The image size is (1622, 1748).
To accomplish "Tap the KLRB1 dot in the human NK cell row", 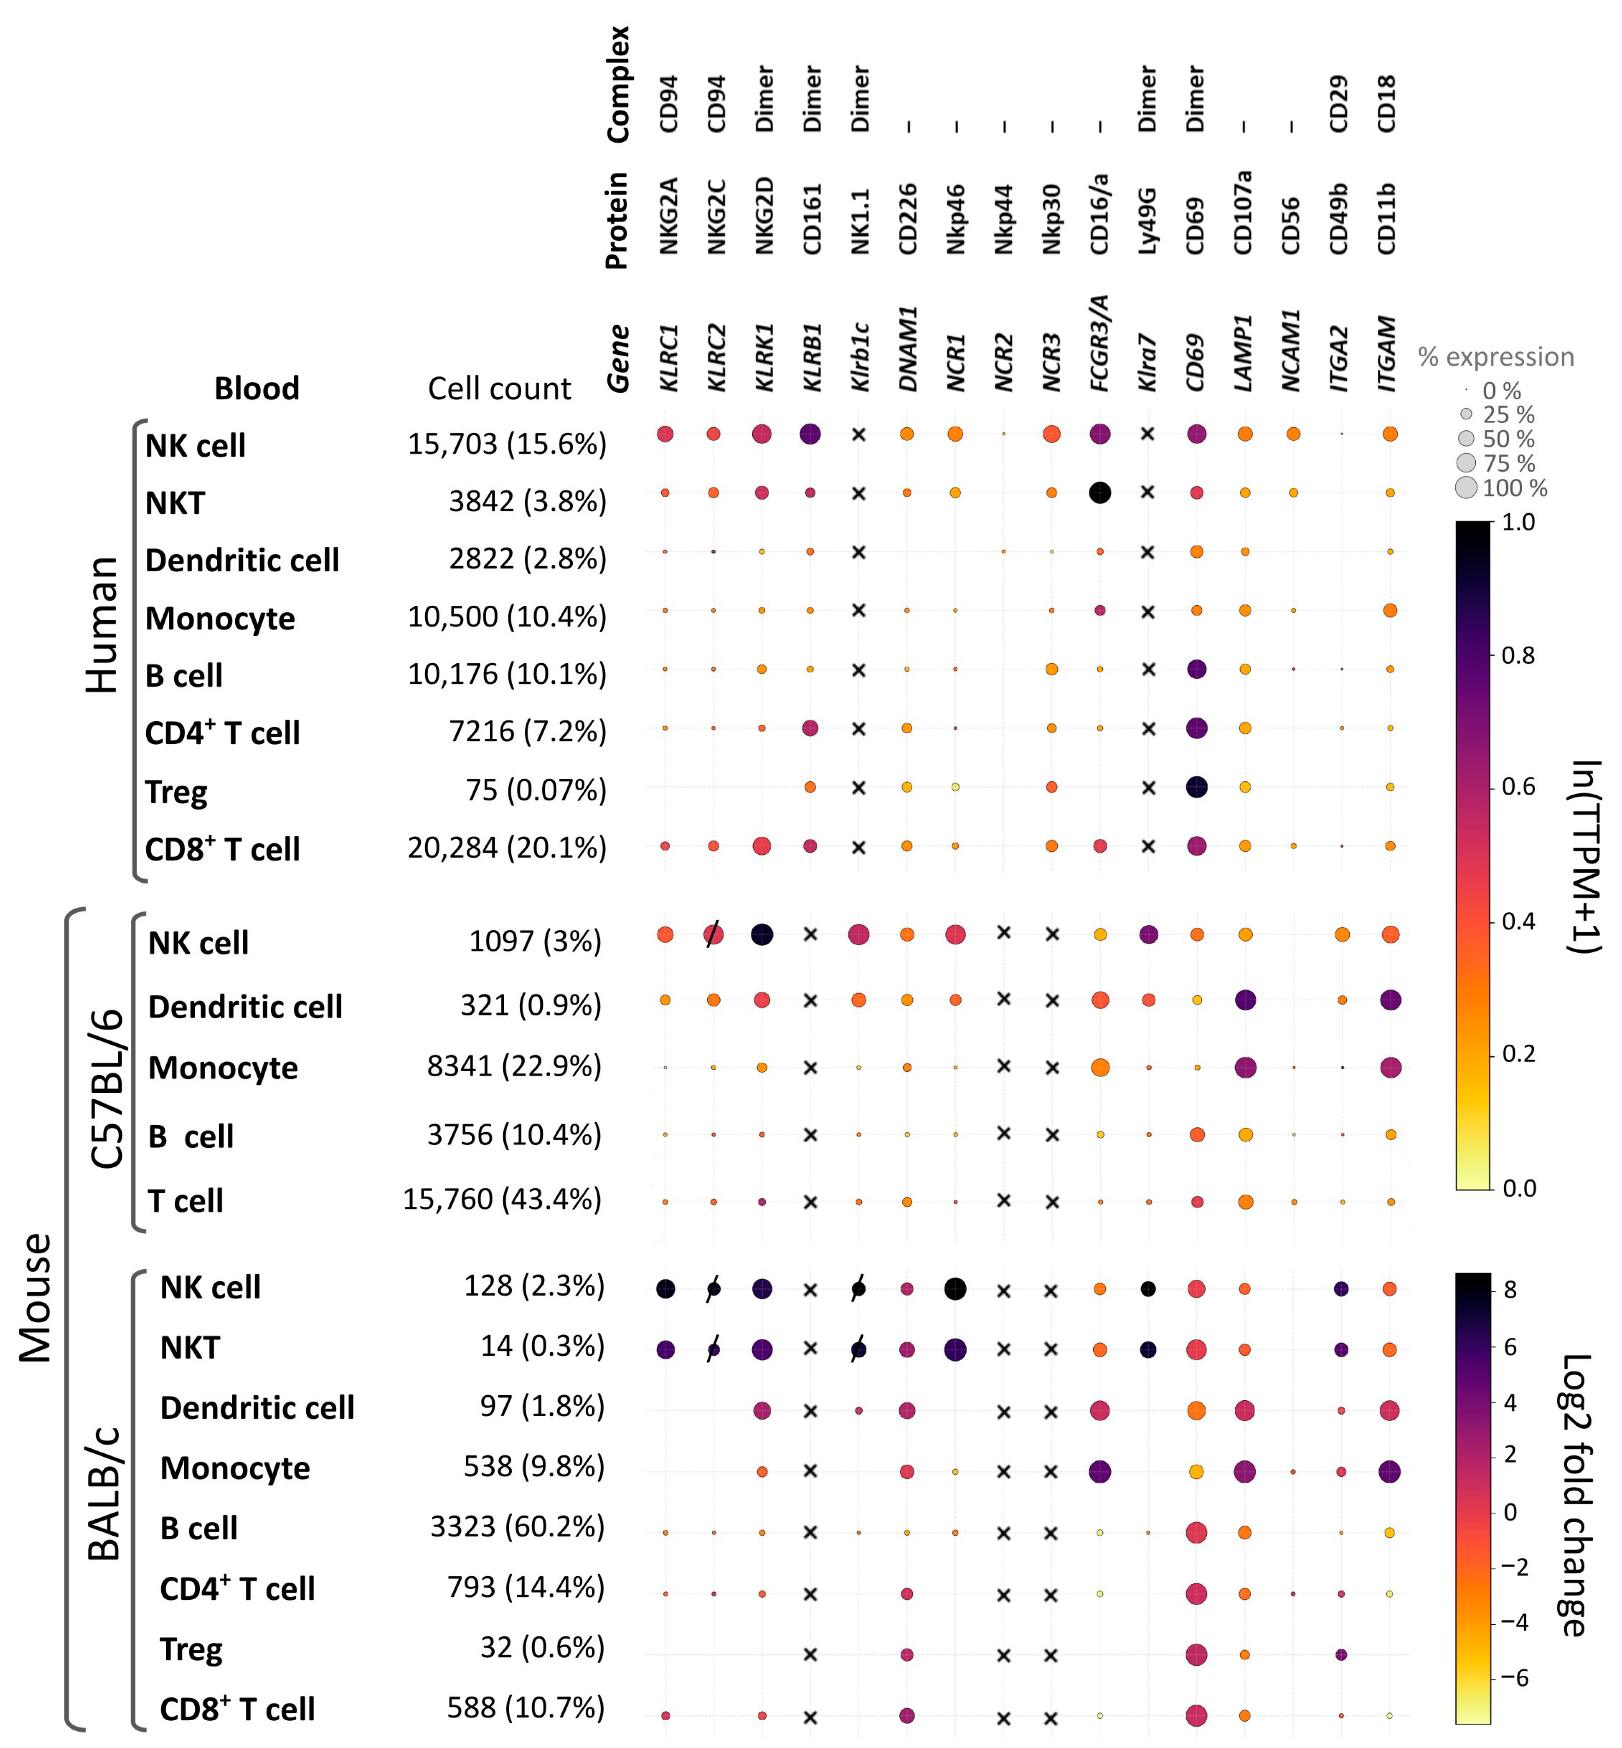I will tap(810, 434).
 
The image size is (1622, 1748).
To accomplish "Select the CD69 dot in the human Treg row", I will tap(1196, 788).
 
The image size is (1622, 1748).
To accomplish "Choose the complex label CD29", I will tap(1338, 103).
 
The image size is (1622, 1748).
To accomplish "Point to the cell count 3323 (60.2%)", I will tap(517, 1527).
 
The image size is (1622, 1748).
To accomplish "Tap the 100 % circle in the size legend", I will tap(1466, 488).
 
